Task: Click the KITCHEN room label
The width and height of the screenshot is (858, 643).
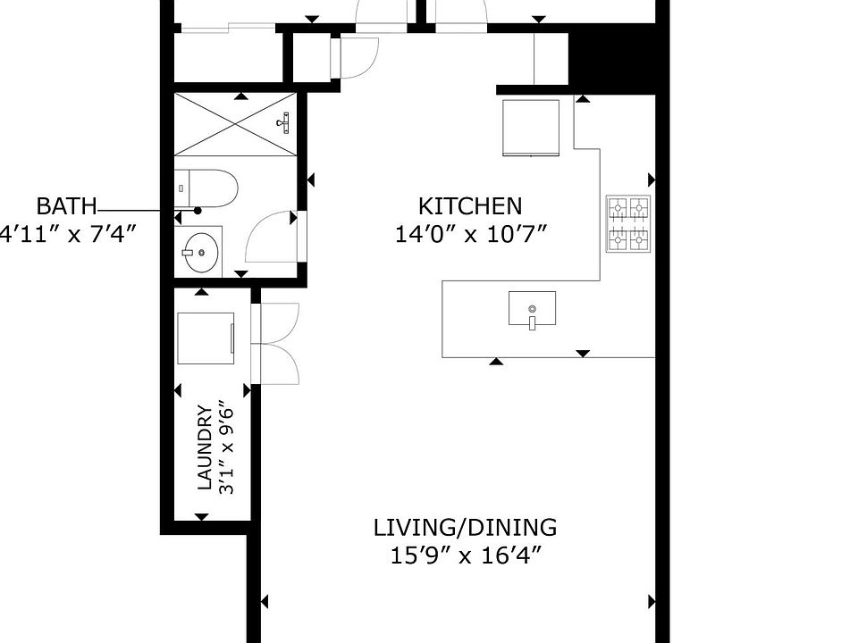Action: click(x=470, y=206)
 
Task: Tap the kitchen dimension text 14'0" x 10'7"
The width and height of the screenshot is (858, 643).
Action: click(x=471, y=235)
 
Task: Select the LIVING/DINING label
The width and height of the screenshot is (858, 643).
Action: click(x=465, y=528)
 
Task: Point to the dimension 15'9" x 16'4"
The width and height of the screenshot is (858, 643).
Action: click(x=465, y=556)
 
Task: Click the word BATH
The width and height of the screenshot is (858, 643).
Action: click(x=66, y=206)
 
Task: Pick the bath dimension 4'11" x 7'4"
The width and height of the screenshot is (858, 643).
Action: click(x=67, y=234)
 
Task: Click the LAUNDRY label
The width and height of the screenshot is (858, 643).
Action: click(x=204, y=447)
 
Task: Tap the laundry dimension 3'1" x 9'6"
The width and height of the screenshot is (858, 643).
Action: click(x=226, y=450)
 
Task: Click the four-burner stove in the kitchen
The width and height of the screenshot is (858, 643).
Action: click(x=628, y=223)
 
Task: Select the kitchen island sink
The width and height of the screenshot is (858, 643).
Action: click(x=532, y=308)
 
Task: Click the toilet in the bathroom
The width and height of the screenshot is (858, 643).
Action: click(x=206, y=188)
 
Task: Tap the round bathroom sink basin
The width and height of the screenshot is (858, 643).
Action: click(x=201, y=253)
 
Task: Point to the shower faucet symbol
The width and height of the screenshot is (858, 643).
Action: click(x=284, y=122)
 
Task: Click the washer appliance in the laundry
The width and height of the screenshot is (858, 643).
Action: click(x=206, y=338)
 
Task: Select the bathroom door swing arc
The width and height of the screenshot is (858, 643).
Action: click(x=269, y=236)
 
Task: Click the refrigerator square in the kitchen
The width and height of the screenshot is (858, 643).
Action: click(x=531, y=128)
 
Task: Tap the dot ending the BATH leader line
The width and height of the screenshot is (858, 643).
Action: click(x=198, y=211)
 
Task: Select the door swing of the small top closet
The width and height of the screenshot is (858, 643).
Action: click(x=358, y=57)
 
